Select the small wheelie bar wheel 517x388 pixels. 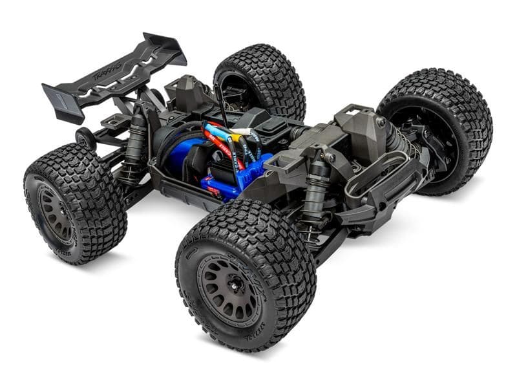[83, 138]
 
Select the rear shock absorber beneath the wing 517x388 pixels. [136, 142]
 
